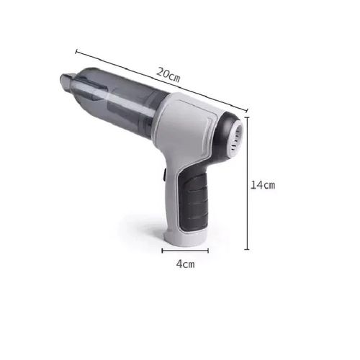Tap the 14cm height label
(x=263, y=184)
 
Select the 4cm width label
(x=185, y=264)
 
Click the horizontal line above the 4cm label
(x=184, y=251)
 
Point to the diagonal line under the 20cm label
(x=161, y=81)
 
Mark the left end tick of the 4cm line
(x=162, y=251)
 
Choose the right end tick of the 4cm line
(x=207, y=251)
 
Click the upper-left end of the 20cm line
(x=76, y=50)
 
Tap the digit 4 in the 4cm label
(x=179, y=264)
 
